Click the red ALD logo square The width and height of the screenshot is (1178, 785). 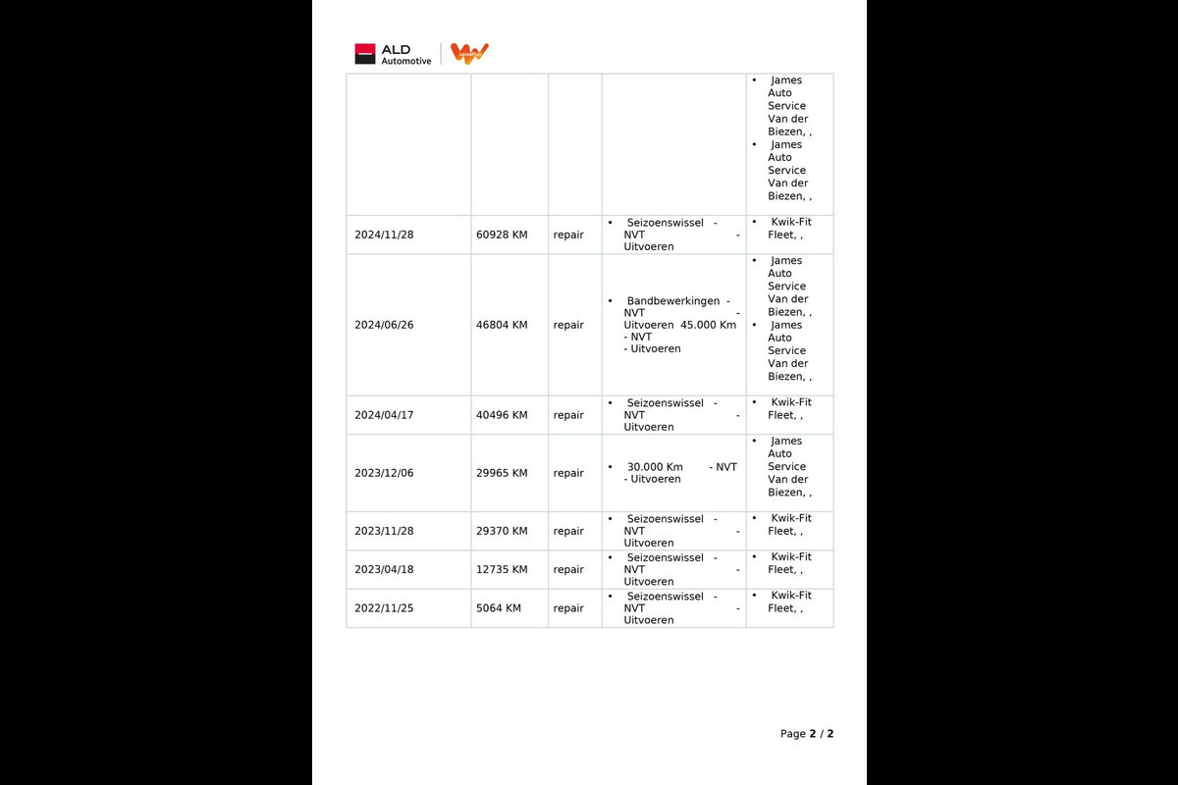pyautogui.click(x=365, y=54)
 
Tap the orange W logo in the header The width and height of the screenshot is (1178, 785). pyautogui.click(x=469, y=53)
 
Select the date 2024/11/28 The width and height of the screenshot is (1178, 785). pyautogui.click(x=384, y=235)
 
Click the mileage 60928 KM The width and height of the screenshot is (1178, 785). pyautogui.click(x=502, y=235)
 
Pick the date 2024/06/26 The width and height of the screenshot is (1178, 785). pyautogui.click(x=384, y=325)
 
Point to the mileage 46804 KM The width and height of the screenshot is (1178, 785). pyautogui.click(x=502, y=325)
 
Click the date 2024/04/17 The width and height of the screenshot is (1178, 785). pyautogui.click(x=384, y=415)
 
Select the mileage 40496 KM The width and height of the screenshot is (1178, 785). pyautogui.click(x=502, y=415)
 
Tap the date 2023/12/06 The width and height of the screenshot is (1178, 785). pyautogui.click(x=384, y=473)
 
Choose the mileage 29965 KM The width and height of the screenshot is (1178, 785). pyautogui.click(x=502, y=473)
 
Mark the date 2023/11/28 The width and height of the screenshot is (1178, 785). pyautogui.click(x=384, y=531)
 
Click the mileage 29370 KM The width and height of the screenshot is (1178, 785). pyautogui.click(x=502, y=531)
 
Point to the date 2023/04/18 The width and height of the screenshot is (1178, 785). pyautogui.click(x=384, y=569)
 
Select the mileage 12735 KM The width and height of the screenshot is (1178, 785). pyautogui.click(x=502, y=569)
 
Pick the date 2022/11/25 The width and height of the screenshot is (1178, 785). pyautogui.click(x=384, y=608)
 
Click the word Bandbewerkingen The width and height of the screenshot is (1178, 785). pyautogui.click(x=672, y=300)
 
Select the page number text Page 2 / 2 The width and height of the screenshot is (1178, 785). pyautogui.click(x=807, y=734)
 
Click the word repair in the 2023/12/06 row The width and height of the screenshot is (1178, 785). pyautogui.click(x=568, y=473)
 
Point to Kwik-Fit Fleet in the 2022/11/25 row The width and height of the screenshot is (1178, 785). pyautogui.click(x=789, y=602)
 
